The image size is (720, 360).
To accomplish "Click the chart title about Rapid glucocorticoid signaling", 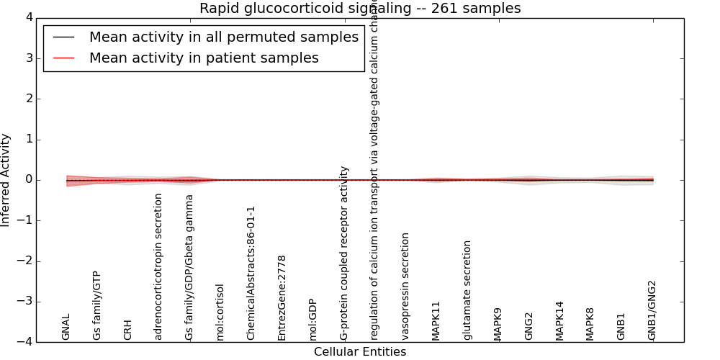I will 360,9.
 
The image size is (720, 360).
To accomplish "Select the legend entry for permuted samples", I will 223,37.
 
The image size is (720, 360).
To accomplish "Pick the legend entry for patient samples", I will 204,58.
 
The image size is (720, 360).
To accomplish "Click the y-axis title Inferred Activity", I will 6,180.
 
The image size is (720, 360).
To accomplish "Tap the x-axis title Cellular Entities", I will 360,352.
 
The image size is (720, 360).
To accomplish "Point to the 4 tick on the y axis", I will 28,17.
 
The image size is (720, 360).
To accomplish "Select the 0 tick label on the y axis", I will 28,180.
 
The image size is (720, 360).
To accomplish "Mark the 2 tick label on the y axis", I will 28,99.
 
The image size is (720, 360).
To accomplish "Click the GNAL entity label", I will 66,327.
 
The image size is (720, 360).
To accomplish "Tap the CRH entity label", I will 128,330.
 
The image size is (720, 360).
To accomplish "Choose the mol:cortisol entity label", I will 220,312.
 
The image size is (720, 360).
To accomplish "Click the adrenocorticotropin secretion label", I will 159,266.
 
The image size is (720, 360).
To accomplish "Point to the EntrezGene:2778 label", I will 282,297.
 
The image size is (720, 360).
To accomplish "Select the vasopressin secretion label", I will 405,286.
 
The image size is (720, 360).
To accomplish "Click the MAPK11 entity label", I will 436,320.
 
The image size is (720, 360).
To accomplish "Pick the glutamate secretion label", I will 467,290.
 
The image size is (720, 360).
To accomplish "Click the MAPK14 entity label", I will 559,320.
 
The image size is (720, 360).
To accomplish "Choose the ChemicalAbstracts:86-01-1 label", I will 251,273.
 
